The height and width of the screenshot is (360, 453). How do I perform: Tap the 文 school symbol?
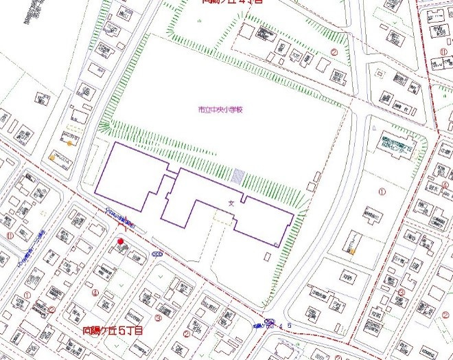pyautogui.click(x=231, y=203)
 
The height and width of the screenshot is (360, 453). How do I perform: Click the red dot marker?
pyautogui.click(x=120, y=241)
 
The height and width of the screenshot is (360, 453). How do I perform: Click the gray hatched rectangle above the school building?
pyautogui.click(x=238, y=176)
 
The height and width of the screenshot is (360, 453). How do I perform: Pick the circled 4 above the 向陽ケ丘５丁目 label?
pyautogui.click(x=94, y=293)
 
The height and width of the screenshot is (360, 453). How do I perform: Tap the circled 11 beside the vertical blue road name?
pyautogui.click(x=10, y=235)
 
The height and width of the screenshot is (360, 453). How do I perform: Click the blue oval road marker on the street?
pyautogui.click(x=157, y=254)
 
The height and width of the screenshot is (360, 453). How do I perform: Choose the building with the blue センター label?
pyautogui.click(x=399, y=146)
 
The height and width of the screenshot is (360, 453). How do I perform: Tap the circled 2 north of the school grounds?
pyautogui.click(x=335, y=52)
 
